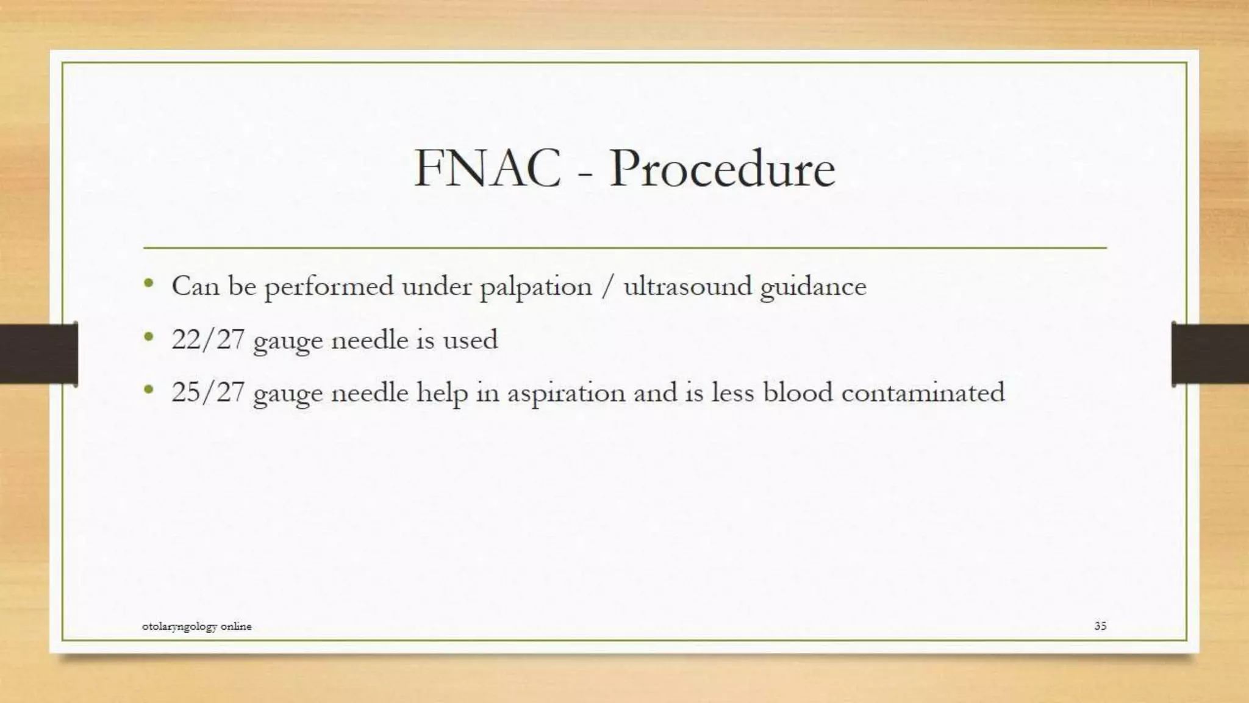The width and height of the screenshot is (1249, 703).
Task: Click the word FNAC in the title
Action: pos(487,168)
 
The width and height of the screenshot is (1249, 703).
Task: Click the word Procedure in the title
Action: pos(722,168)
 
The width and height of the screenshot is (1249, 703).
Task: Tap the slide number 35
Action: pos(1100,625)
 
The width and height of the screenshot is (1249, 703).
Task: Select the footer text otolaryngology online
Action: pos(196,626)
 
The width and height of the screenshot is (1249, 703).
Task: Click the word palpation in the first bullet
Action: pos(535,287)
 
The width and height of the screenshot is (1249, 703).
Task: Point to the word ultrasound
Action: pos(687,286)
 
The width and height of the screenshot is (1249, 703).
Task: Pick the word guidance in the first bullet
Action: pos(813,287)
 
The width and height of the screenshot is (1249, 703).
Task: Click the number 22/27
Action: pos(208,339)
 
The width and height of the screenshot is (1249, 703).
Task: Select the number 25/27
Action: pos(208,392)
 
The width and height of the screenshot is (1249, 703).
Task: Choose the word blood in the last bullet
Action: pos(798,392)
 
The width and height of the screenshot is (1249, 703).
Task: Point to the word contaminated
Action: pos(923,392)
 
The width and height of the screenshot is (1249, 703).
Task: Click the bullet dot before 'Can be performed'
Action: pos(149,283)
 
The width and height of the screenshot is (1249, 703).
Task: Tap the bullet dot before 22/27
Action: pos(149,336)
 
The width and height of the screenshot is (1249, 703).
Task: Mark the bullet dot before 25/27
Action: pos(149,388)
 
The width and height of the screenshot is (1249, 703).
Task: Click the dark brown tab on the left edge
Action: pos(38,354)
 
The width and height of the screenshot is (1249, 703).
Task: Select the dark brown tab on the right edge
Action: pos(1210,354)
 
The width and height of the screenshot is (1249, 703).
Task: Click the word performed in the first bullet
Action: pos(329,287)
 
